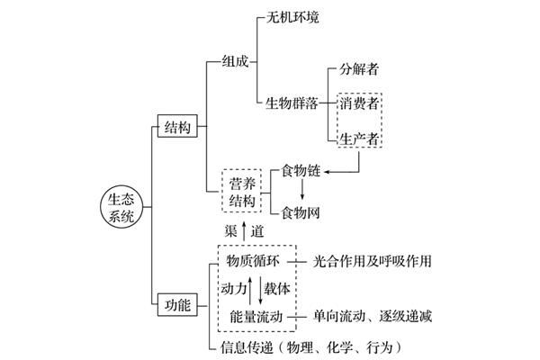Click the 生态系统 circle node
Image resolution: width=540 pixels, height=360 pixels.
click(121, 207)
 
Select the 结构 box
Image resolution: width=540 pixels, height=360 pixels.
click(177, 126)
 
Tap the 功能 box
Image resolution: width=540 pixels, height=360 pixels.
click(177, 305)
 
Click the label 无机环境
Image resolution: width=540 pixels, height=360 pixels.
click(292, 17)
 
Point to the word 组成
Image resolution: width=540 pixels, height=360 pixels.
click(235, 62)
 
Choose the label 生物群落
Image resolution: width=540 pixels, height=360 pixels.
click(292, 103)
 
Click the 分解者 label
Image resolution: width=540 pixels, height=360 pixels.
click(359, 69)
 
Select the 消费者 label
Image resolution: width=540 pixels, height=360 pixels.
click(359, 103)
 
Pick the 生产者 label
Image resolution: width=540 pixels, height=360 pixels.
click(359, 139)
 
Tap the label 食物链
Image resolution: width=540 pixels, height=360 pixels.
click(301, 171)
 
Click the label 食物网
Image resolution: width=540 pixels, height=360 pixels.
click(301, 212)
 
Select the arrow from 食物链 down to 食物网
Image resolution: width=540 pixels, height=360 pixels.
click(302, 189)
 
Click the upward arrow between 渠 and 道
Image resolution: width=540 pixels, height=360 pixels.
click(244, 231)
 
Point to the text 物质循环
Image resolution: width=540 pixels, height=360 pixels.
click(253, 261)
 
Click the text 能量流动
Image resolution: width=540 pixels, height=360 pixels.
click(256, 317)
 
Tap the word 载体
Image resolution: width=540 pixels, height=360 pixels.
click(277, 289)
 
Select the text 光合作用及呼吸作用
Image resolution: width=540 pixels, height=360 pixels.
click(372, 261)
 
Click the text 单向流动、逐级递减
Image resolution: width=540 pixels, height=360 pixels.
click(372, 316)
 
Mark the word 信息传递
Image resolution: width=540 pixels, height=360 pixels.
click(247, 347)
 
